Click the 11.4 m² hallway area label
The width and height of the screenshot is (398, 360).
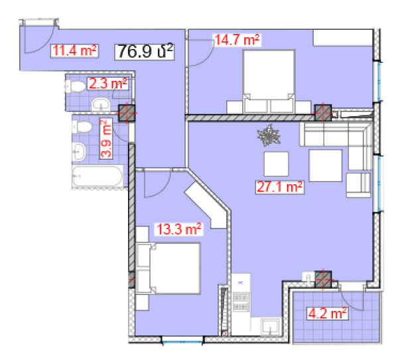tap(74, 51)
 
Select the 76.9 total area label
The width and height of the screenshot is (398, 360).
tap(145, 52)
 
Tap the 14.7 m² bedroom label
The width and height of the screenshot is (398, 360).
tap(237, 40)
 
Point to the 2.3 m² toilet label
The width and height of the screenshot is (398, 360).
tap(108, 84)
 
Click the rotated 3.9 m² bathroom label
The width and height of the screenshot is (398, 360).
tap(106, 139)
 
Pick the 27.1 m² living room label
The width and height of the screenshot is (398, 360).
tap(279, 187)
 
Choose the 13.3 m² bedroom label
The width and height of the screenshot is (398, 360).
tap(179, 229)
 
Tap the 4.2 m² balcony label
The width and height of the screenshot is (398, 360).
tap(327, 314)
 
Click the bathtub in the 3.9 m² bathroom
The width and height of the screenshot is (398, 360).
tap(98, 176)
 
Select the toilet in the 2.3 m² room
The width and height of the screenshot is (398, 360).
tap(76, 86)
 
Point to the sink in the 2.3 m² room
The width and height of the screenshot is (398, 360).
tap(101, 104)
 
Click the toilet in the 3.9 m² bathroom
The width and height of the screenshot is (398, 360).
tap(82, 127)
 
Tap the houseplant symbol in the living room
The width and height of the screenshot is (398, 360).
tap(269, 135)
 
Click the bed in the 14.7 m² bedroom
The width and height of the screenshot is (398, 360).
tap(269, 81)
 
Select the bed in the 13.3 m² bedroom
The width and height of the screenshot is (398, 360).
tap(168, 269)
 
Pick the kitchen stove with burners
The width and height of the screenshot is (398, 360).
tap(241, 301)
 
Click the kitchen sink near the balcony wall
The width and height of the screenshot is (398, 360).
tap(270, 326)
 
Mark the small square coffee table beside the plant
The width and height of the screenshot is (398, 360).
tap(276, 164)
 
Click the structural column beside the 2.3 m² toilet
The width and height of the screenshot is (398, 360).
tap(127, 113)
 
